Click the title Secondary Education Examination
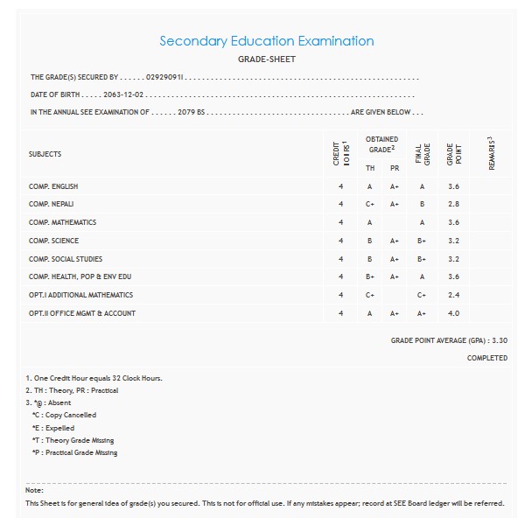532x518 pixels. pyautogui.click(x=266, y=41)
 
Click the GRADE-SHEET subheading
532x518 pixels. pyautogui.click(x=266, y=59)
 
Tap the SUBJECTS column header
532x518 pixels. pyautogui.click(x=45, y=154)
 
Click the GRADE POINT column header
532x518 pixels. pyautogui.click(x=451, y=154)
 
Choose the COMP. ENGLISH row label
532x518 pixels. pyautogui.click(x=53, y=186)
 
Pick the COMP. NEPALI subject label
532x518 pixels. pyautogui.click(x=51, y=204)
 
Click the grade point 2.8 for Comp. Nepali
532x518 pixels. pyautogui.click(x=453, y=204)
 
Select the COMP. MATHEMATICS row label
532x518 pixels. pyautogui.click(x=62, y=222)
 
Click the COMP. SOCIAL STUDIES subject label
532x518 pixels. pyautogui.click(x=66, y=259)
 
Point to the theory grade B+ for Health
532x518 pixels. pyautogui.click(x=370, y=276)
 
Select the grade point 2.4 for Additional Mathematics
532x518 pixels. pyautogui.click(x=453, y=295)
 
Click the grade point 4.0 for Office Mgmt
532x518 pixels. pyautogui.click(x=453, y=313)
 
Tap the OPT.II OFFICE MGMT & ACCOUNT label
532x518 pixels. pyautogui.click(x=82, y=313)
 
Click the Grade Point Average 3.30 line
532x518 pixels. pyautogui.click(x=449, y=340)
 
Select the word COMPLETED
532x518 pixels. pyautogui.click(x=486, y=358)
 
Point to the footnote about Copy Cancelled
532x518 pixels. pyautogui.click(x=64, y=415)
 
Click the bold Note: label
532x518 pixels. pyautogui.click(x=35, y=490)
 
